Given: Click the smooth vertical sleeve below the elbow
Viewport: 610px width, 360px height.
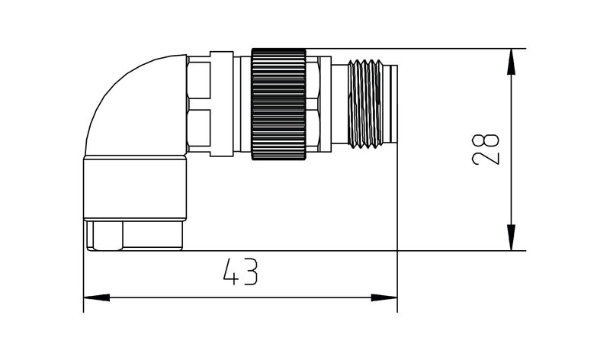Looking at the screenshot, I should tap(133, 188).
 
